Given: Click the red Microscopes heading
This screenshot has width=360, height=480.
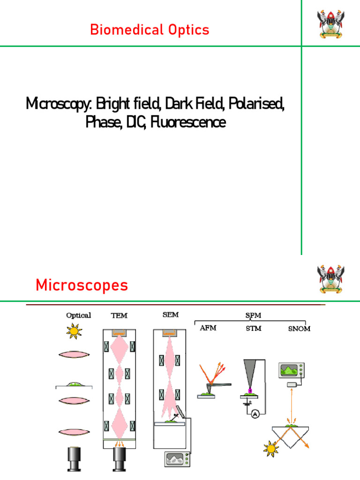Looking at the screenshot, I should click(82, 285).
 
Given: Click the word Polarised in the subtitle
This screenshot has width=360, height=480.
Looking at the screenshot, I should click(255, 103).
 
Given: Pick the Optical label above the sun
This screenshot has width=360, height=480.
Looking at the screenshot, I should click(79, 315).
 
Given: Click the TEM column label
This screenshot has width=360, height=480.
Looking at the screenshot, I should click(119, 315).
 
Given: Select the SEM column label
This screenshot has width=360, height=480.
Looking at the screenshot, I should click(170, 315).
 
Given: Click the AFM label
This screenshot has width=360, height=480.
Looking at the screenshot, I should click(208, 328).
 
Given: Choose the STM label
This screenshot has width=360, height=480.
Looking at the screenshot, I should click(254, 328).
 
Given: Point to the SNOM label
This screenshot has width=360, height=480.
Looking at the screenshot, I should click(299, 329).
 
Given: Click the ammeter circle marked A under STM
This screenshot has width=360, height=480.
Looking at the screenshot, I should click(255, 414).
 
